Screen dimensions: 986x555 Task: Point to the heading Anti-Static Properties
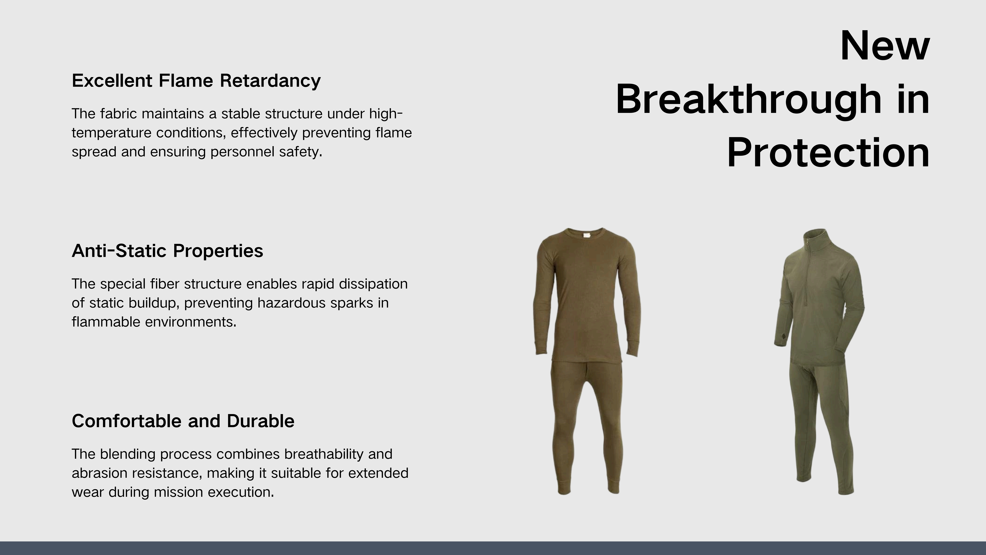pos(167,251)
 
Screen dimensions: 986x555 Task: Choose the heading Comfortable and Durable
pos(183,421)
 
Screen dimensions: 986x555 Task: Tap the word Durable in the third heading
pos(261,421)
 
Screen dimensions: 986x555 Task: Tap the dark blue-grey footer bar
pos(493,548)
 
